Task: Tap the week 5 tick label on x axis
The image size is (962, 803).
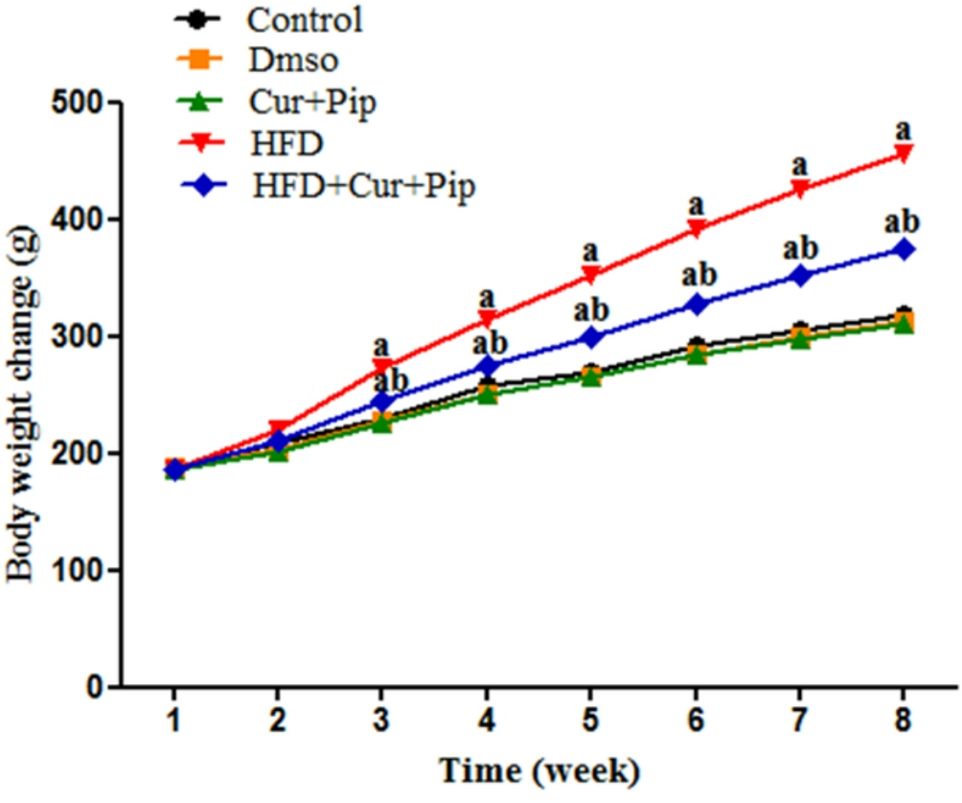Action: coord(590,718)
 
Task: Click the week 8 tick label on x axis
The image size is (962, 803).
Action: coord(902,718)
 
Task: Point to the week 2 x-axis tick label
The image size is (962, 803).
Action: coord(278,718)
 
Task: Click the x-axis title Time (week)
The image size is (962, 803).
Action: coord(538,769)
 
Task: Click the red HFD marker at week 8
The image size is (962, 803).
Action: coord(902,153)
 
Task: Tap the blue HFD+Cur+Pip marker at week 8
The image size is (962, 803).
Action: coord(902,249)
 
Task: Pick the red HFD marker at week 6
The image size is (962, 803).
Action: coord(696,228)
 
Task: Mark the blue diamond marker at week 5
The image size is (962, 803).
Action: coord(591,337)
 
